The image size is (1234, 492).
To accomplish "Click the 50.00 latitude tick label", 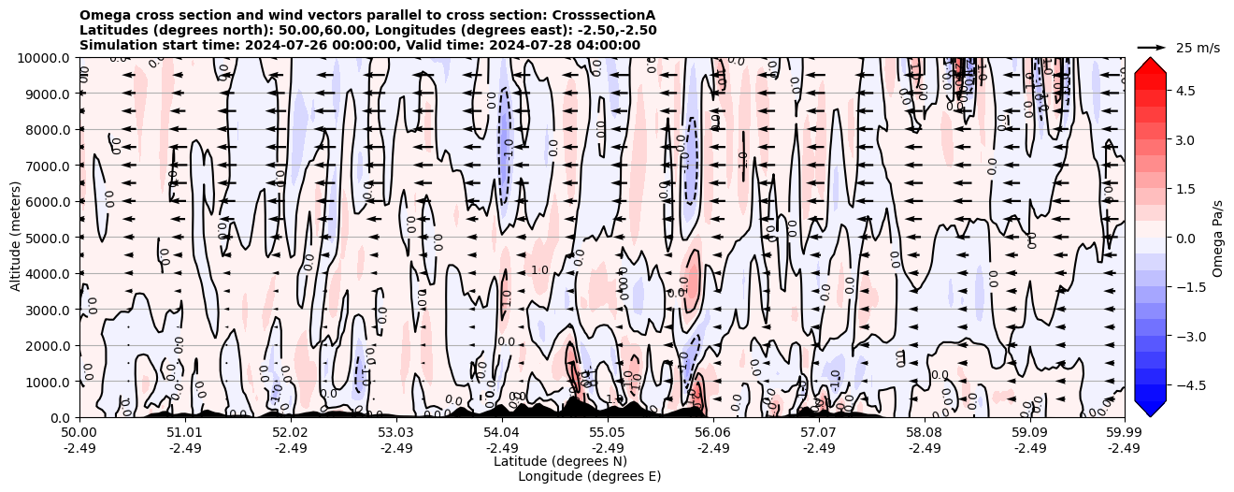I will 79,433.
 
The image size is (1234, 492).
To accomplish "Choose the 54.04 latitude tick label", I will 502,433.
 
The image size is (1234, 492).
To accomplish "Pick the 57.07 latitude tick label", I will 819,433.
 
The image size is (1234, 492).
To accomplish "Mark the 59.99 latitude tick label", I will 1124,433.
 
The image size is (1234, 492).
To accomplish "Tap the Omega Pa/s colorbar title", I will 1217,238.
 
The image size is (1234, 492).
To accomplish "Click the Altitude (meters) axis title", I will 16,238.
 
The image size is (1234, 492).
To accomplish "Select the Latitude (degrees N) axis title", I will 560,461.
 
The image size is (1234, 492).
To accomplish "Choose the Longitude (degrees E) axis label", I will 589,476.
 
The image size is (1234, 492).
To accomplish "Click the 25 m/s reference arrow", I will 1152,47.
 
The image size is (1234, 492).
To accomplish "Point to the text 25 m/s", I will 1198,48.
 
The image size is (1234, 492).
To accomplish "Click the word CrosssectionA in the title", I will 607,15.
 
